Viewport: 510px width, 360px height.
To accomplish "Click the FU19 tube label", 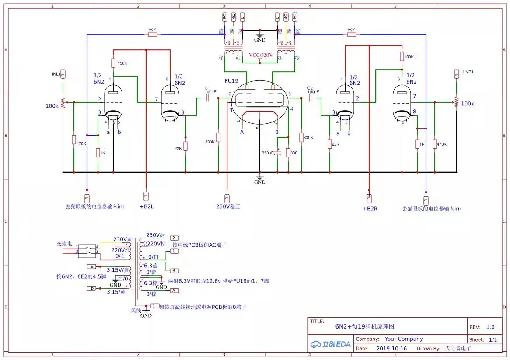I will click(x=232, y=81).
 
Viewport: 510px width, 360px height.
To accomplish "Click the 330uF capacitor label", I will click(x=267, y=153).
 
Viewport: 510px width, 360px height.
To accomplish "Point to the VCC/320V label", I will click(x=261, y=55).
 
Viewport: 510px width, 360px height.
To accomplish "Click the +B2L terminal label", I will click(x=147, y=207).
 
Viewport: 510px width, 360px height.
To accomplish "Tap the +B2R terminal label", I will click(x=370, y=209).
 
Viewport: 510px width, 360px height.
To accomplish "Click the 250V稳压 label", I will click(x=228, y=207).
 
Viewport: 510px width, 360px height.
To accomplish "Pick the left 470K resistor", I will click(x=74, y=140).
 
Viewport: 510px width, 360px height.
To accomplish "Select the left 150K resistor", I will click(x=113, y=63).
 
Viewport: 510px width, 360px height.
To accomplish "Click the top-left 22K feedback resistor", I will click(x=152, y=34).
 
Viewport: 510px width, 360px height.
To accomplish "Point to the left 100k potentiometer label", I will click(x=52, y=106).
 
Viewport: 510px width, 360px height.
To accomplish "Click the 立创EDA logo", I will click(x=331, y=344).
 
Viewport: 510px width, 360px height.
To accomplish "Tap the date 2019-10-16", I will click(x=391, y=349).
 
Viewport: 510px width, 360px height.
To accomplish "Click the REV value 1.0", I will click(x=490, y=327).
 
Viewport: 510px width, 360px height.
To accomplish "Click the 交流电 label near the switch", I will click(x=64, y=244).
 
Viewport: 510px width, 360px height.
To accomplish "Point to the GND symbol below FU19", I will click(x=260, y=180).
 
